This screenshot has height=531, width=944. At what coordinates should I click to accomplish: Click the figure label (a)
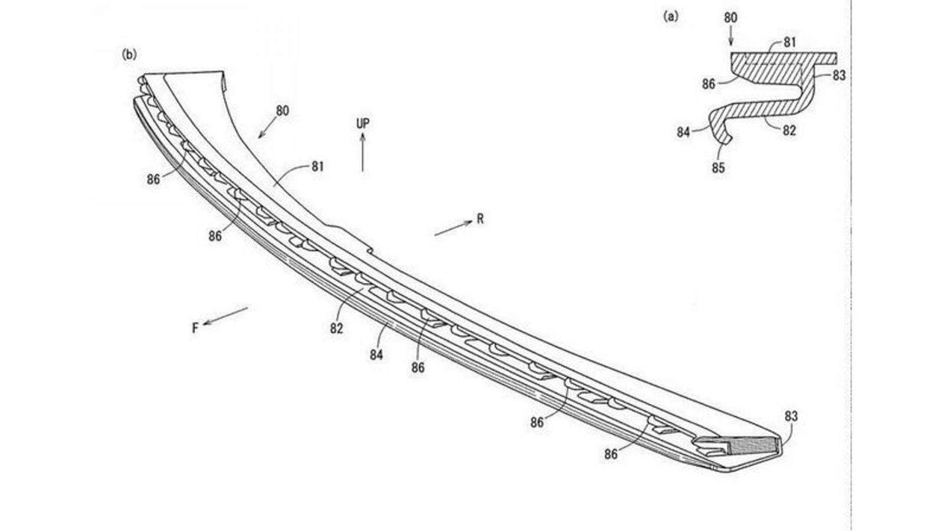pos(671,17)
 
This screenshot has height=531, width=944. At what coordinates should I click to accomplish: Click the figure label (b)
pos(129,54)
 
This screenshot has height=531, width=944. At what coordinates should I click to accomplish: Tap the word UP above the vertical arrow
pos(363,123)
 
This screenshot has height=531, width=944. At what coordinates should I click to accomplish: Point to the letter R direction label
pos(480,219)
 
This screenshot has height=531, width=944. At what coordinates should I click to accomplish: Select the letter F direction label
pos(195,328)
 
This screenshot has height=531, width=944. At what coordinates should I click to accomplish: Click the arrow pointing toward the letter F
pos(225,316)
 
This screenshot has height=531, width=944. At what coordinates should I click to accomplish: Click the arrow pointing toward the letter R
pos(454,228)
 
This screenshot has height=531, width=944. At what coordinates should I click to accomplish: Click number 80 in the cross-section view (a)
pos(731,18)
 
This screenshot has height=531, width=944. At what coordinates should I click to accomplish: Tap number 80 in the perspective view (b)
pos(283,111)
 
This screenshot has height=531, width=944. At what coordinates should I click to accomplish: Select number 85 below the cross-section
pos(718,168)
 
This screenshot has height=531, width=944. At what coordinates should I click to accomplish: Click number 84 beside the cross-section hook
pos(683,132)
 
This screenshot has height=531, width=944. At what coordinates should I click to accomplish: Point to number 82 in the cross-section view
pos(789,130)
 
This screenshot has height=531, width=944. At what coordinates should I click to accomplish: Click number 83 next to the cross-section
pos(839,76)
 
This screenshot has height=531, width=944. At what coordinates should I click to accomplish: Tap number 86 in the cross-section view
pos(709,84)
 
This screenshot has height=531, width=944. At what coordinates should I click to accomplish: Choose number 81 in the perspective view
pos(318,167)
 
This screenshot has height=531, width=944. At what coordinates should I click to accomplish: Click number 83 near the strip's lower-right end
pos(791,417)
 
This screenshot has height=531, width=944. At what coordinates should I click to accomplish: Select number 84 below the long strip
pos(376,355)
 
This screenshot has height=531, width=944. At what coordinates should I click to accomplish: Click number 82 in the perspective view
pos(336,328)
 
